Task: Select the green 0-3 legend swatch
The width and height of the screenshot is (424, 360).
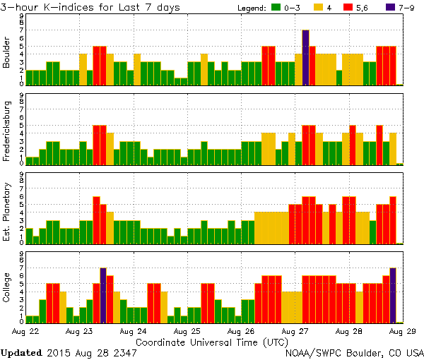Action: coord(273,8)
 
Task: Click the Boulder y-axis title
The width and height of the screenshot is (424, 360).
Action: coord(7,52)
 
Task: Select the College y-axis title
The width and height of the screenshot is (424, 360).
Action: coord(7,289)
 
